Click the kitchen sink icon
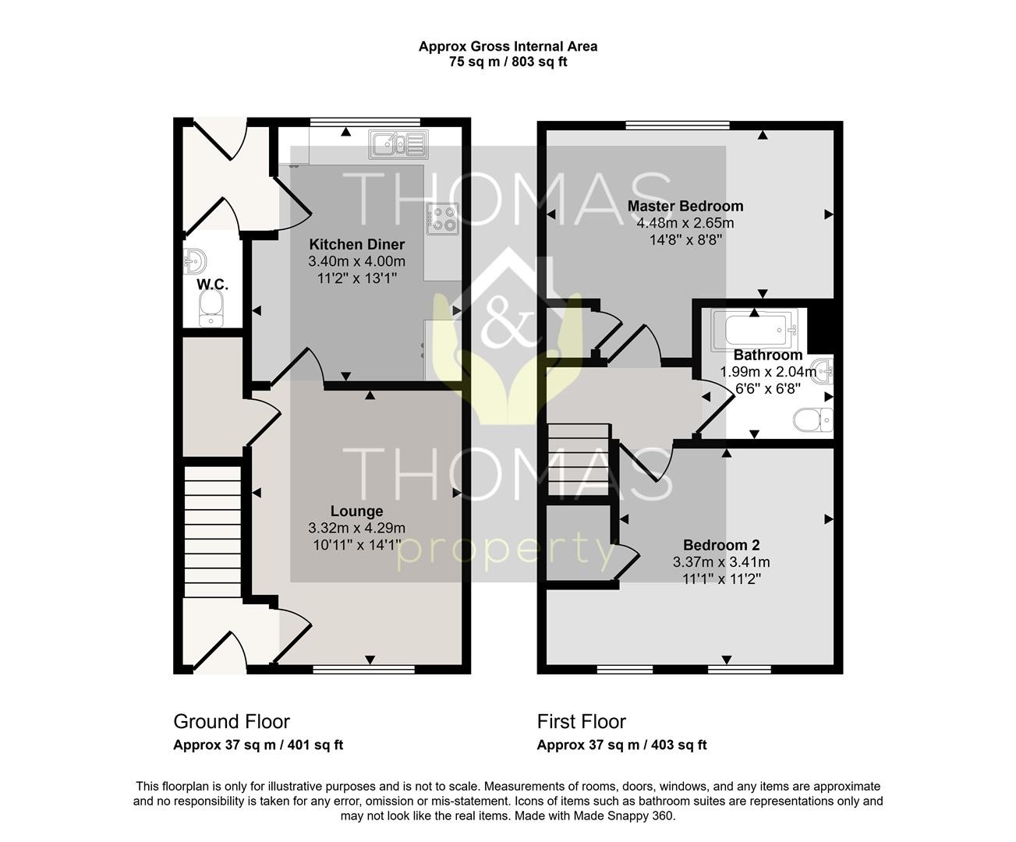(x=398, y=144)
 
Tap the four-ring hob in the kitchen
(x=443, y=219)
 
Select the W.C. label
(x=213, y=285)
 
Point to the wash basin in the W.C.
(x=195, y=261)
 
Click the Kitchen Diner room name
(x=356, y=244)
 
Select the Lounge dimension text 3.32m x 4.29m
(x=356, y=528)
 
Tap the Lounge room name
(x=356, y=511)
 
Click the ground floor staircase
(x=213, y=532)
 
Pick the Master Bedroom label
(x=685, y=207)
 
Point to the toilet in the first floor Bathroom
(x=813, y=419)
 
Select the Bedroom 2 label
(x=721, y=545)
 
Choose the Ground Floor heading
(x=232, y=721)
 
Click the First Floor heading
(x=582, y=721)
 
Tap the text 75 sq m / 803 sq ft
(x=508, y=62)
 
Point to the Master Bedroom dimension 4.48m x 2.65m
(x=685, y=223)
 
